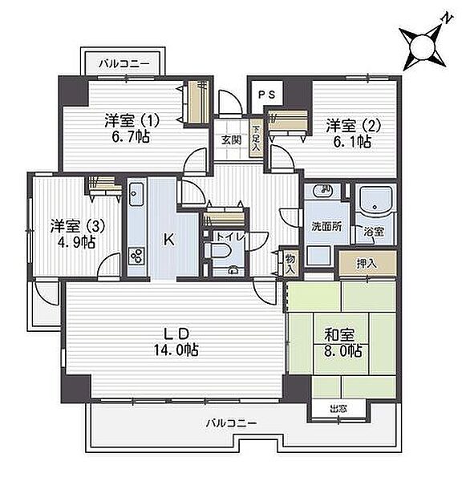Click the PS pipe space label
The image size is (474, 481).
point(266,95)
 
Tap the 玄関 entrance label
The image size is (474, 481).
point(231,140)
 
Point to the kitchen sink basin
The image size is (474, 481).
point(136,194)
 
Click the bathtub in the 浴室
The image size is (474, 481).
point(375,200)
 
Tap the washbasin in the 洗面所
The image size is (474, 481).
point(323,191)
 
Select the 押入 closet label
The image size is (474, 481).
point(367,263)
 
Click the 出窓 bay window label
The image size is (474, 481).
point(338,409)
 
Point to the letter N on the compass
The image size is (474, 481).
point(447,18)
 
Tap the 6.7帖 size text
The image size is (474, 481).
point(131,137)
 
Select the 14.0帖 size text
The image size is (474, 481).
point(176,350)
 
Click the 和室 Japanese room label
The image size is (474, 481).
point(339,335)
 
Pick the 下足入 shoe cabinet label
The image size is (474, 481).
point(256,139)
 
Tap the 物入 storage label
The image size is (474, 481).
point(290,264)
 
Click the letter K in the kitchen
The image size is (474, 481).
point(168,239)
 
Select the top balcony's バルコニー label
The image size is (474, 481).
point(124,64)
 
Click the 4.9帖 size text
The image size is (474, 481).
point(76,242)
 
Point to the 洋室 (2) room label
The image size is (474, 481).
point(354,126)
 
